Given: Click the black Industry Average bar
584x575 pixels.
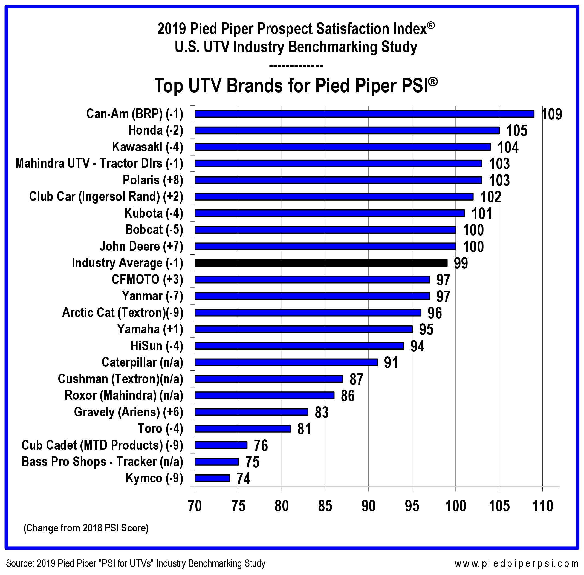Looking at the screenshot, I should (x=321, y=263).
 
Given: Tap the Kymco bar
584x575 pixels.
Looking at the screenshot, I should (x=212, y=478).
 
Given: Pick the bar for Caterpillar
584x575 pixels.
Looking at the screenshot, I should (x=286, y=362).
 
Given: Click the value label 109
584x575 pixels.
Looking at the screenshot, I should (x=552, y=115).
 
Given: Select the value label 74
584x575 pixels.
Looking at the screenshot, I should (x=244, y=479).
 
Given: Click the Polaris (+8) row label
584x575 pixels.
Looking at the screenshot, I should (x=153, y=180).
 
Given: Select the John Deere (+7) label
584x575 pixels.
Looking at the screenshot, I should (x=141, y=247).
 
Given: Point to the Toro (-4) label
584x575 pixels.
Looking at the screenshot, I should (x=160, y=428).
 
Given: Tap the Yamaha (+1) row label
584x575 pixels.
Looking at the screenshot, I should (x=150, y=329).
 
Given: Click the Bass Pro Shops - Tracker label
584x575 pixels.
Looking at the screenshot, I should (x=102, y=462).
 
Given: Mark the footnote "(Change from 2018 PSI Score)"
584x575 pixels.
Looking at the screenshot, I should (x=86, y=528).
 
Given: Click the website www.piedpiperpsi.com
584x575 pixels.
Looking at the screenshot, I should (x=516, y=563).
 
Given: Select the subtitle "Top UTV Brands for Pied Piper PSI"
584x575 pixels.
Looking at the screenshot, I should (x=296, y=86).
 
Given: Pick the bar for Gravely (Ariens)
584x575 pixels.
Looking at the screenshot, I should (x=251, y=412).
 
